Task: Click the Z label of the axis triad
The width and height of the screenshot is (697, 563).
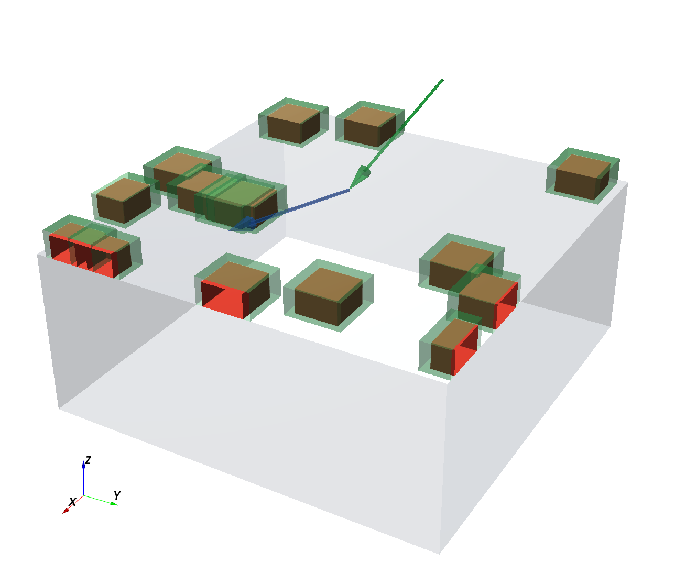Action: [88, 460]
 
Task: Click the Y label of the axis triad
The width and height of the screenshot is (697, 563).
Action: [117, 495]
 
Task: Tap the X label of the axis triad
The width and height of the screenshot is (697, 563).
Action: [72, 502]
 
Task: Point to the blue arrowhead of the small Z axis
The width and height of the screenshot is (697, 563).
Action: [83, 464]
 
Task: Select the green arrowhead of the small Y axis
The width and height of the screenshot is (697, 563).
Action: [114, 504]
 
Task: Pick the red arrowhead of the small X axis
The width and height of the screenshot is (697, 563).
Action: [66, 511]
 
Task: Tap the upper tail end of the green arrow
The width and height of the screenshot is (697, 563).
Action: [442, 80]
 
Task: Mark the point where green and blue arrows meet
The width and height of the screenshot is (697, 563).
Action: [349, 190]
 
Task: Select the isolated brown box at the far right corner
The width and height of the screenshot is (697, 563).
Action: [582, 176]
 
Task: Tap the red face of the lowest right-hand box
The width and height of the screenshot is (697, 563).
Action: [465, 350]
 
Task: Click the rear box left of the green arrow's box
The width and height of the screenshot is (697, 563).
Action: [293, 123]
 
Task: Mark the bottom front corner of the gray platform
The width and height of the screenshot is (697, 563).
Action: [439, 554]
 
